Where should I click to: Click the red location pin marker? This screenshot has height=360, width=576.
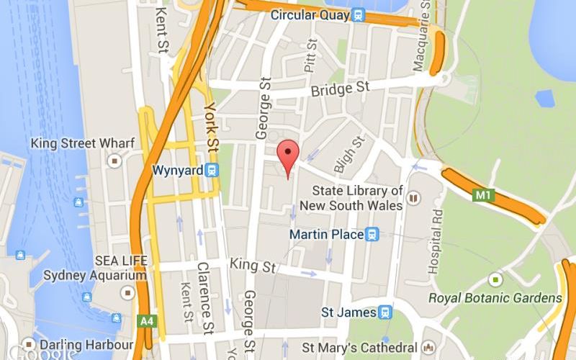pos(288,154)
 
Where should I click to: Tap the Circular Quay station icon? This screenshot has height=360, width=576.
pos(359,14)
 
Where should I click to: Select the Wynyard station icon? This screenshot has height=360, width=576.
pos(212,171)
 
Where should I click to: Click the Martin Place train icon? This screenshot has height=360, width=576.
pos(372,234)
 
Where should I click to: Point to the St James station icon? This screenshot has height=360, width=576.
pos(386,312)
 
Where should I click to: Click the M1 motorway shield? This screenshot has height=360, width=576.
pos(482,194)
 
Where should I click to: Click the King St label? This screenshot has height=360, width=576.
pos(253,265)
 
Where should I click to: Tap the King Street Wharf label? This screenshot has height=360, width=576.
pos(82,143)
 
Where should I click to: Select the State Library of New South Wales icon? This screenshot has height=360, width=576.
pos(413,197)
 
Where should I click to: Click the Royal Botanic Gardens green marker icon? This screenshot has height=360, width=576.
pos(495,279)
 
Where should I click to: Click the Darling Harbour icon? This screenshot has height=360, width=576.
pos(29,343)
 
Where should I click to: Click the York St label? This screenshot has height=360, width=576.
pos(210,127)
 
